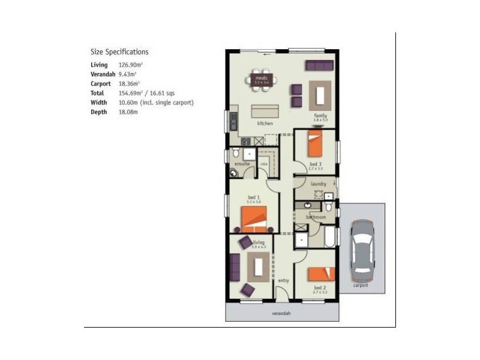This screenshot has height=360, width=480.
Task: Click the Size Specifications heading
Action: [119, 52]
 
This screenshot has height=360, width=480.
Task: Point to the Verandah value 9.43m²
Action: [127, 74]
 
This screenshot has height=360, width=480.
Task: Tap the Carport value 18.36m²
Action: [129, 84]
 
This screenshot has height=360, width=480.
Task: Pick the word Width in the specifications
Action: [98, 103]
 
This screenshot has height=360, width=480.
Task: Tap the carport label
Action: [360, 286]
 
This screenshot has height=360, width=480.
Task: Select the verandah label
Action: [281, 314]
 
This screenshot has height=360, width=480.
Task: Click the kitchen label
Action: [265, 124]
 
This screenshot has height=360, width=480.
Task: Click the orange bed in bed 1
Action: [254, 219]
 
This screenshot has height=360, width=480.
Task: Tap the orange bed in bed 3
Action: [314, 146]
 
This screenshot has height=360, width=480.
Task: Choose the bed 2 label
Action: [320, 288]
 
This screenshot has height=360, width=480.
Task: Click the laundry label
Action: [318, 184]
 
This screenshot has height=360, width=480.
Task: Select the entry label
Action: [283, 280]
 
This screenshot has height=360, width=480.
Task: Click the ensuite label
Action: [242, 164]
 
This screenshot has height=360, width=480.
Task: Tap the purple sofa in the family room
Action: [319, 65]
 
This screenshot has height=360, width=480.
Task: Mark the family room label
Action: [320, 115]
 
